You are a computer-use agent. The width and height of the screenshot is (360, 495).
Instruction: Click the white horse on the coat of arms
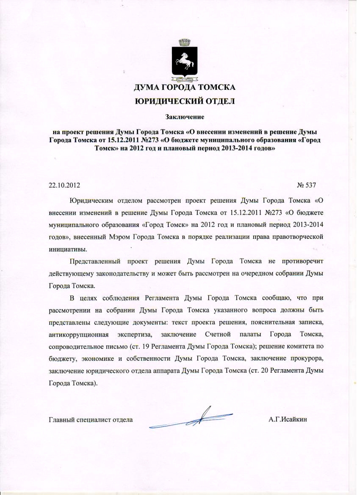[x=184, y=62]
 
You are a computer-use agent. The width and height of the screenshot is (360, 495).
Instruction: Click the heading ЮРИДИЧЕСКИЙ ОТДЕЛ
[x=184, y=101]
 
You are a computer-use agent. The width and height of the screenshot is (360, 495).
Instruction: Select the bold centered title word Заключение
[x=185, y=116]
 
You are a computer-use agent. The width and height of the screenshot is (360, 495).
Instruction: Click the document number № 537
[x=307, y=185]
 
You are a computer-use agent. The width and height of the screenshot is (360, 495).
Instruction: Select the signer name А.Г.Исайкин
[x=288, y=420]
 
